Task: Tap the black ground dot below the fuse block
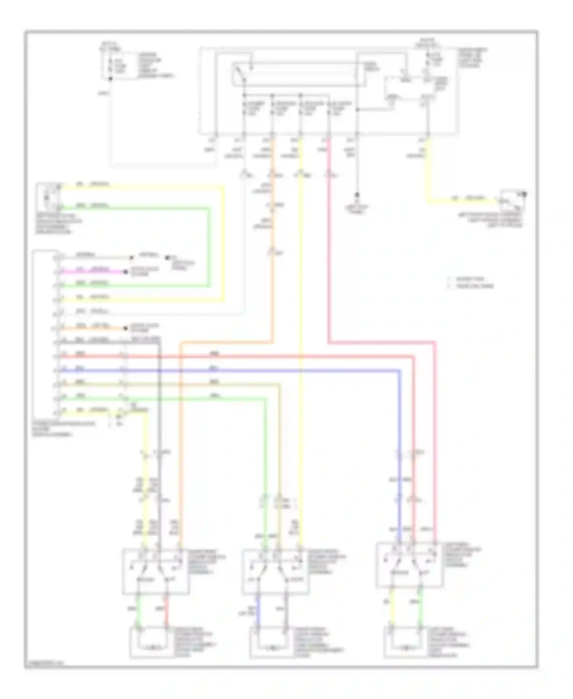(x=357, y=194)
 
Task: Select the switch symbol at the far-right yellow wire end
(x=513, y=199)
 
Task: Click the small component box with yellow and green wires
(x=48, y=197)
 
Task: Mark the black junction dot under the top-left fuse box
(x=111, y=79)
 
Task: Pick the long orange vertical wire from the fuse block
(x=273, y=268)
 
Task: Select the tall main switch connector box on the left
(x=45, y=333)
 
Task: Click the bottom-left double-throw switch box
(x=155, y=572)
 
